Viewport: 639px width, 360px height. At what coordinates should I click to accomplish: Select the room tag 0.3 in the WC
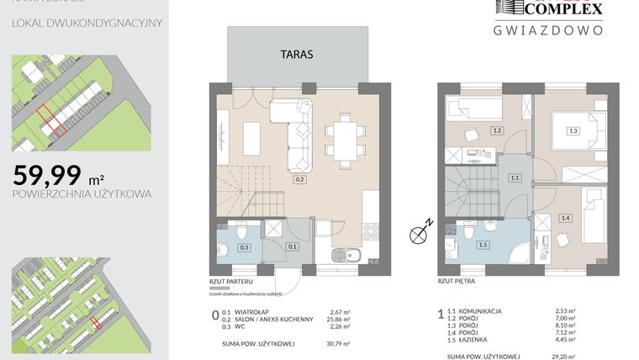[x=245, y=246]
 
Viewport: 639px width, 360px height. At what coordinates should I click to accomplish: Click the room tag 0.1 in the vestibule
[x=293, y=246]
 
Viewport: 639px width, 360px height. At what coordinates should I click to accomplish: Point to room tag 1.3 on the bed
[x=573, y=130]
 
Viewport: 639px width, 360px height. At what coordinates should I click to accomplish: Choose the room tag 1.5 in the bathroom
[x=482, y=245]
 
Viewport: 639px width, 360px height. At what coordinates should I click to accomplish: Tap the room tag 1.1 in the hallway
[x=515, y=178]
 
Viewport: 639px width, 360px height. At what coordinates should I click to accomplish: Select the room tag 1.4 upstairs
[x=565, y=218]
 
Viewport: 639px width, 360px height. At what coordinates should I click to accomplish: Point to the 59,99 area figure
[x=48, y=175]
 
